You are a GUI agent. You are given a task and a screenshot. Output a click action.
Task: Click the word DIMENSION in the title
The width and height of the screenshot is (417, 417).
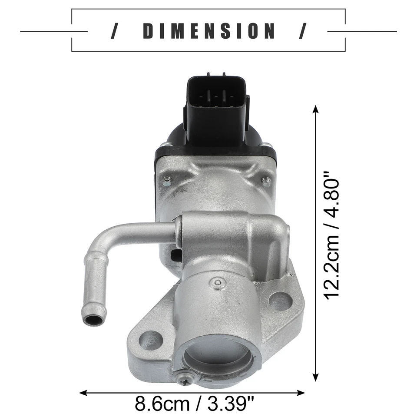[208, 31]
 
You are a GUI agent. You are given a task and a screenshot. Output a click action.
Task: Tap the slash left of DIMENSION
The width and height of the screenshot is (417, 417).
[114, 31]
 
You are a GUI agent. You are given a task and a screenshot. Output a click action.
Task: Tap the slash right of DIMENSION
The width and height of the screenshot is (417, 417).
[302, 31]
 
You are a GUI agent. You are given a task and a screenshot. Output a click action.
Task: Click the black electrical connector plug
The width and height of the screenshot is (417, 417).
[216, 106]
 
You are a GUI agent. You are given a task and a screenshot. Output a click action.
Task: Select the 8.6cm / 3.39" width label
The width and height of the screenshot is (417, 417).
[194, 404]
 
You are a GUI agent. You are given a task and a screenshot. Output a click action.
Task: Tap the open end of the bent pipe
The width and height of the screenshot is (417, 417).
[94, 321]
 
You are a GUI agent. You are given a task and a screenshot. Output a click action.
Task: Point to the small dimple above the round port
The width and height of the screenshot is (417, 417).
[218, 283]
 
